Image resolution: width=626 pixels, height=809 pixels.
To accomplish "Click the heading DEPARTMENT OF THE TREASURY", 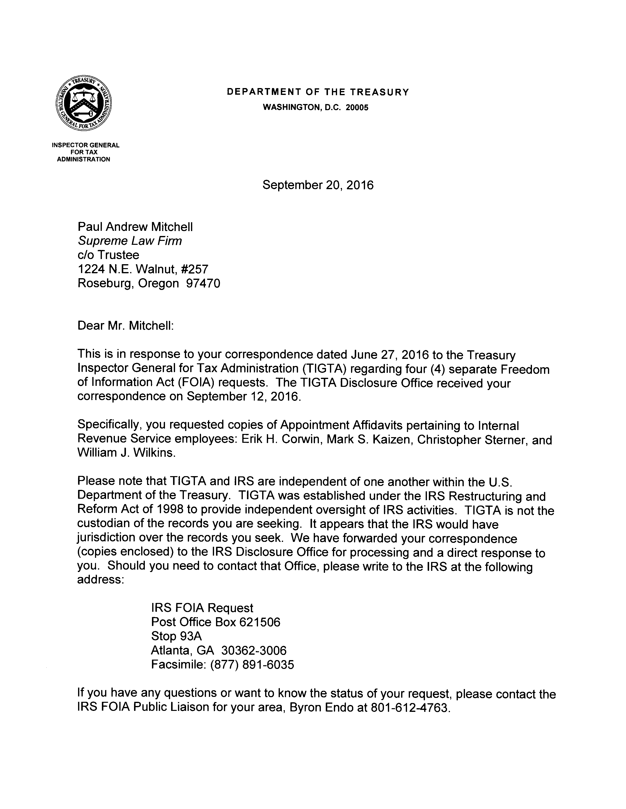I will [318, 92].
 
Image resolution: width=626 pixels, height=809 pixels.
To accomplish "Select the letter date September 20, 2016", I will [318, 185].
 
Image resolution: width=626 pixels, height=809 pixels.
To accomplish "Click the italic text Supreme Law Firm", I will [130, 241].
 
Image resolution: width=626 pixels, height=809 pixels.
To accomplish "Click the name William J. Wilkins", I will [126, 453].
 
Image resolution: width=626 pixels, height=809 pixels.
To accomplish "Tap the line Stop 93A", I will [177, 636].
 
